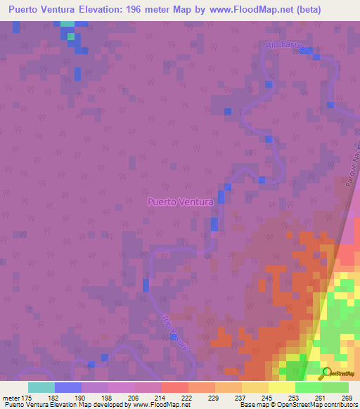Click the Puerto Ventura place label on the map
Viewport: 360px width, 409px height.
point(180,202)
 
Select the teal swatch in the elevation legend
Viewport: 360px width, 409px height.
point(41,387)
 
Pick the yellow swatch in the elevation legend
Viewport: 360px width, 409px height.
point(282,387)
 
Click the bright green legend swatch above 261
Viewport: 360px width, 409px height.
point(309,387)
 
